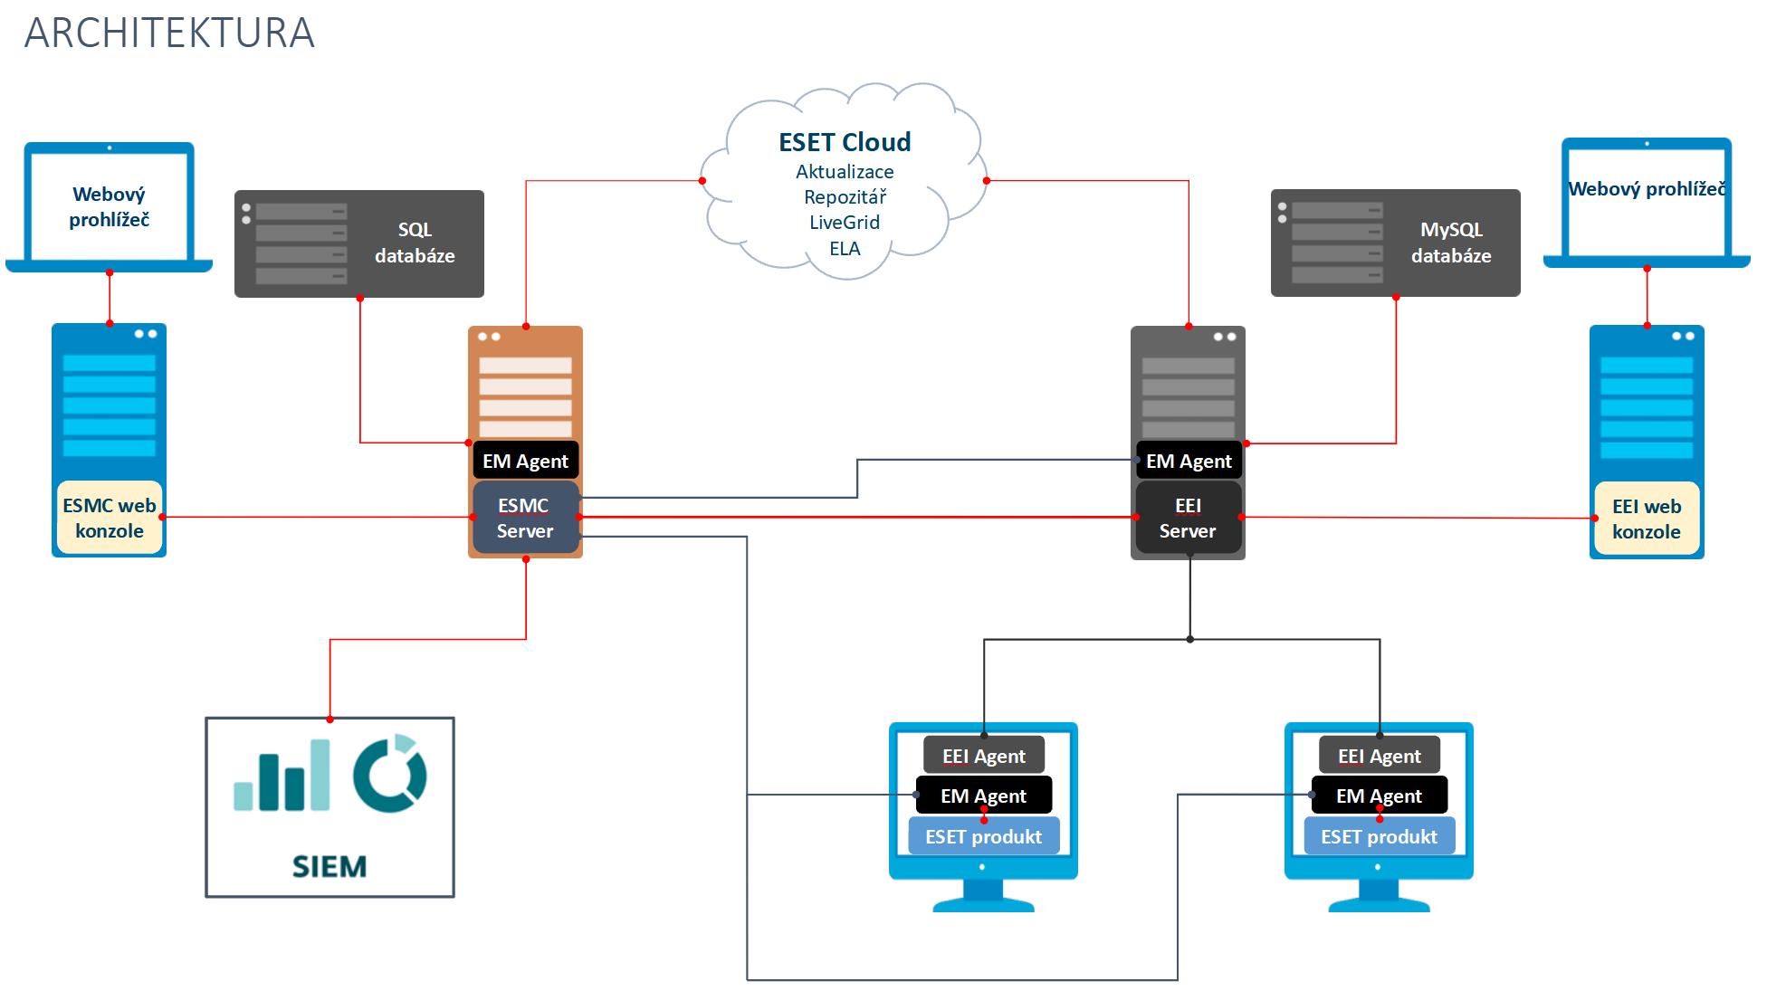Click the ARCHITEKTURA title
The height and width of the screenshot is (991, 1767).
click(x=169, y=33)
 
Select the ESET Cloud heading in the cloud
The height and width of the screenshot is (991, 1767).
click(x=845, y=142)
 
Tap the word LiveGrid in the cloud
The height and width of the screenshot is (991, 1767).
click(x=845, y=223)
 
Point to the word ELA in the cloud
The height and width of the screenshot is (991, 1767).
click(x=845, y=249)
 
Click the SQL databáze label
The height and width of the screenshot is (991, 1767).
click(x=415, y=243)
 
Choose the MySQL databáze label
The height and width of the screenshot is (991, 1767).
click(x=1451, y=243)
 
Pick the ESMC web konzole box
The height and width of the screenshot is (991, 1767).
click(x=110, y=518)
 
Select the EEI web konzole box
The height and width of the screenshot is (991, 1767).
click(x=1646, y=519)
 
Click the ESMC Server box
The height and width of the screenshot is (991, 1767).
click(x=525, y=518)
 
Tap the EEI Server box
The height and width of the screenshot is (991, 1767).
click(x=1188, y=518)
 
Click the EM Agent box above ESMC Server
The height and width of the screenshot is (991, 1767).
click(x=525, y=461)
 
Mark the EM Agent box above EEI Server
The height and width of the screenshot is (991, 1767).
click(x=1189, y=461)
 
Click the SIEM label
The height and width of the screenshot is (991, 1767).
click(x=330, y=866)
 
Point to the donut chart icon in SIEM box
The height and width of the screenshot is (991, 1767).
click(x=389, y=774)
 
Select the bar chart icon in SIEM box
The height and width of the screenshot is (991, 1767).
click(x=282, y=776)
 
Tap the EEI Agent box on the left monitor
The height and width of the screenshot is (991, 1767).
click(x=984, y=756)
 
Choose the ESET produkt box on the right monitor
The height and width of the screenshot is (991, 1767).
click(x=1379, y=836)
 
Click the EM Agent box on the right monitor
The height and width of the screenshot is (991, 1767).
click(x=1379, y=796)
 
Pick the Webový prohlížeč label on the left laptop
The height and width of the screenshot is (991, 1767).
click(x=109, y=206)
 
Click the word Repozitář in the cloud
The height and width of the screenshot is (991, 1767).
click(x=845, y=197)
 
